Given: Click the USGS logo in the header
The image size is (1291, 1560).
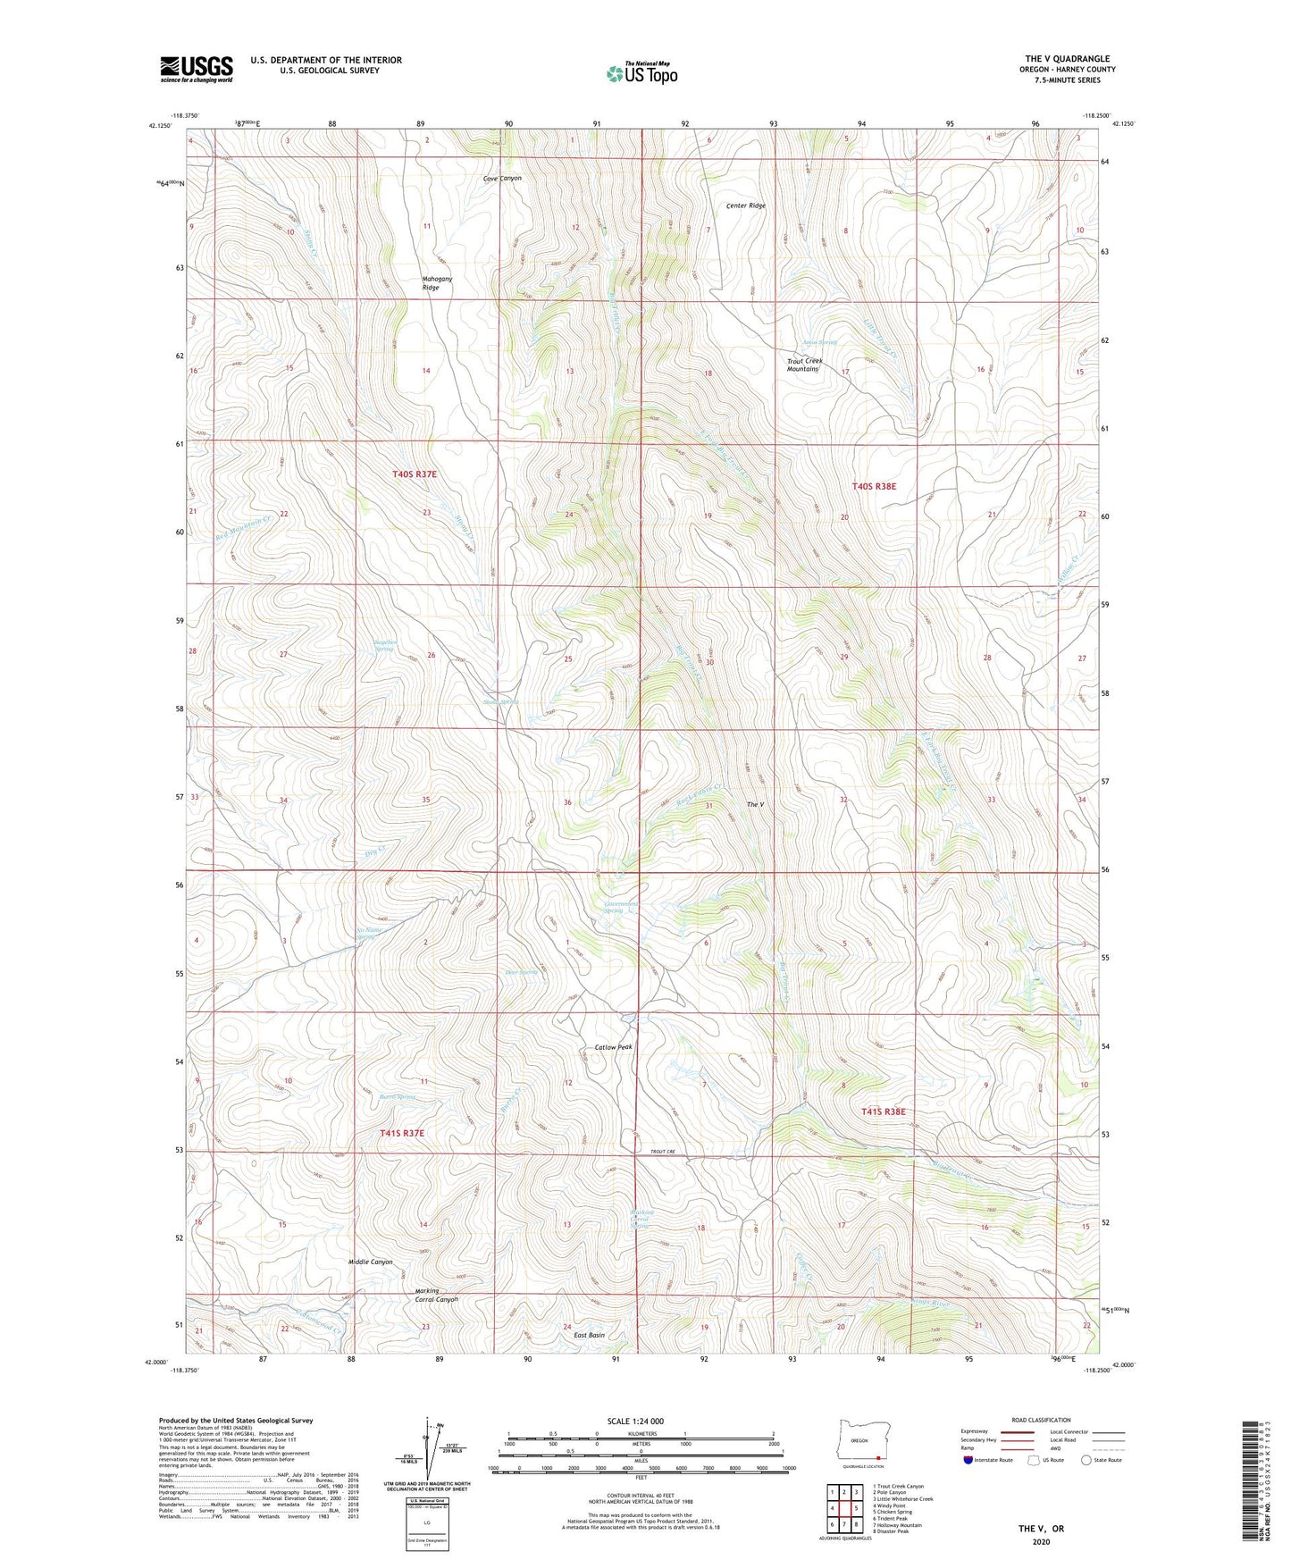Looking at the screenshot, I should [x=196, y=69].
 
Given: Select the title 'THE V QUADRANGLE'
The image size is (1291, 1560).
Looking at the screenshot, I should [x=1067, y=59].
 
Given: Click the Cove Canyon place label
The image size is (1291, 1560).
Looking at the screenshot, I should [x=502, y=179].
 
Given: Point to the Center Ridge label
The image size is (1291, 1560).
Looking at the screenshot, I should [x=745, y=205].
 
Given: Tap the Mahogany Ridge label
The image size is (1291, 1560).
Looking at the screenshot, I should [x=437, y=283].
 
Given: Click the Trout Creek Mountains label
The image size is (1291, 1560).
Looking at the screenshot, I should [x=803, y=365].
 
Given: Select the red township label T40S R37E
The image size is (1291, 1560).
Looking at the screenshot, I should [x=415, y=474].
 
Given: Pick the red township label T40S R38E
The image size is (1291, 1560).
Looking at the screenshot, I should [x=873, y=486].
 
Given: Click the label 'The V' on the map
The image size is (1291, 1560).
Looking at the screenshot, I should [x=755, y=805].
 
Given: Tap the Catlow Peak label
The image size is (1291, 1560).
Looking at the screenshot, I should [x=613, y=1047].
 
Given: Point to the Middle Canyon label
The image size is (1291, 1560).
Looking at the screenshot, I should [x=370, y=1262].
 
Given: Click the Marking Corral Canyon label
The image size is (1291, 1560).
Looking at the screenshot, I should [x=436, y=1295].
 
